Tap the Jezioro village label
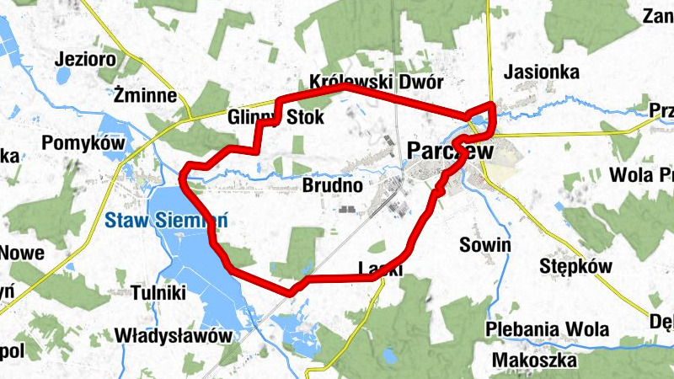[83, 60]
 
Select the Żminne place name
[146, 96]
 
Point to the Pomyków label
[83, 143]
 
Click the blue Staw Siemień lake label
[168, 222]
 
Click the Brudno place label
[332, 184]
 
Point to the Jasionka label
[541, 73]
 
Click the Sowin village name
[485, 245]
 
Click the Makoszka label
[536, 360]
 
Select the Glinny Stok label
[275, 117]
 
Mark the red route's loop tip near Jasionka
[492, 107]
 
